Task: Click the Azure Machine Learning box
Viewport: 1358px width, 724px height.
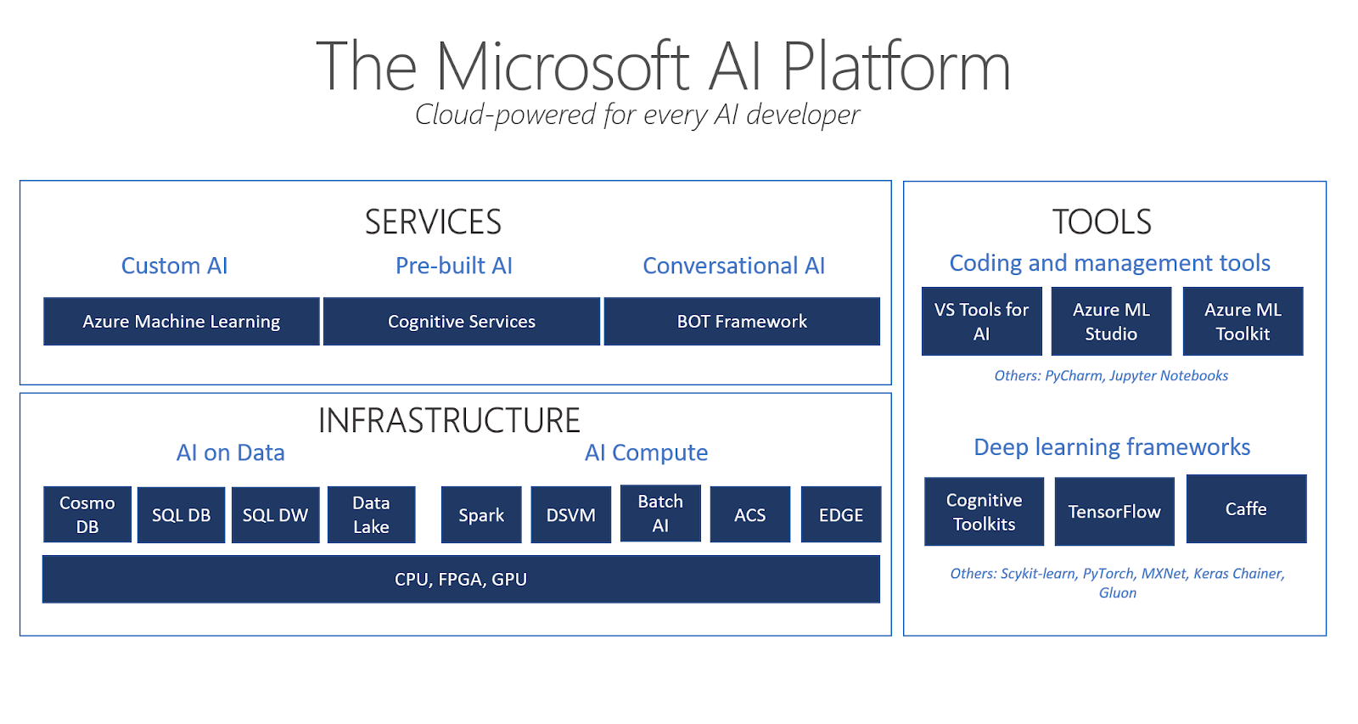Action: coord(181,322)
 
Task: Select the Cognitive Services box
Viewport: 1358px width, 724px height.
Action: coord(462,322)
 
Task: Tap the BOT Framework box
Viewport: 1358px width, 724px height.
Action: coord(742,322)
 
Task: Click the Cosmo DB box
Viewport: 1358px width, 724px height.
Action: coord(87,514)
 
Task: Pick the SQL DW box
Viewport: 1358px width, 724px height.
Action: coord(275,514)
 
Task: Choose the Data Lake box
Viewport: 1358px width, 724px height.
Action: coord(371,514)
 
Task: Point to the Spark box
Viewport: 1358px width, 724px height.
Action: coord(481,514)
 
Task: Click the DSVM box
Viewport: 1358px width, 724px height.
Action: coord(570,514)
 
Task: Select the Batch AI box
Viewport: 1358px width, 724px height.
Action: coord(660,514)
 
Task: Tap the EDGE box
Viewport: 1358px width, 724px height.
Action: coord(840,514)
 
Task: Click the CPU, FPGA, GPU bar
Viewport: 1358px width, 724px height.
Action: coord(461,579)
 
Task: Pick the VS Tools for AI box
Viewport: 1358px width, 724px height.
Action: coord(981,322)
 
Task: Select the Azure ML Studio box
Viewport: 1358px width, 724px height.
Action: coord(1111,322)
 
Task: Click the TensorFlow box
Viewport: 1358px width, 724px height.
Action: coord(1114,511)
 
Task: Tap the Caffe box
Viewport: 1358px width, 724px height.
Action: coord(1246,509)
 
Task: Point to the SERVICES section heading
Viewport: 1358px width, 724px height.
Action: coord(433,222)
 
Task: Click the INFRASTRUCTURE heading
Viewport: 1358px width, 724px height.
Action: coord(449,421)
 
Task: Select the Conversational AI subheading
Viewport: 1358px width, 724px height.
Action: coord(733,266)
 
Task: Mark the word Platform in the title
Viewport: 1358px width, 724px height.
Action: coord(895,67)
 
